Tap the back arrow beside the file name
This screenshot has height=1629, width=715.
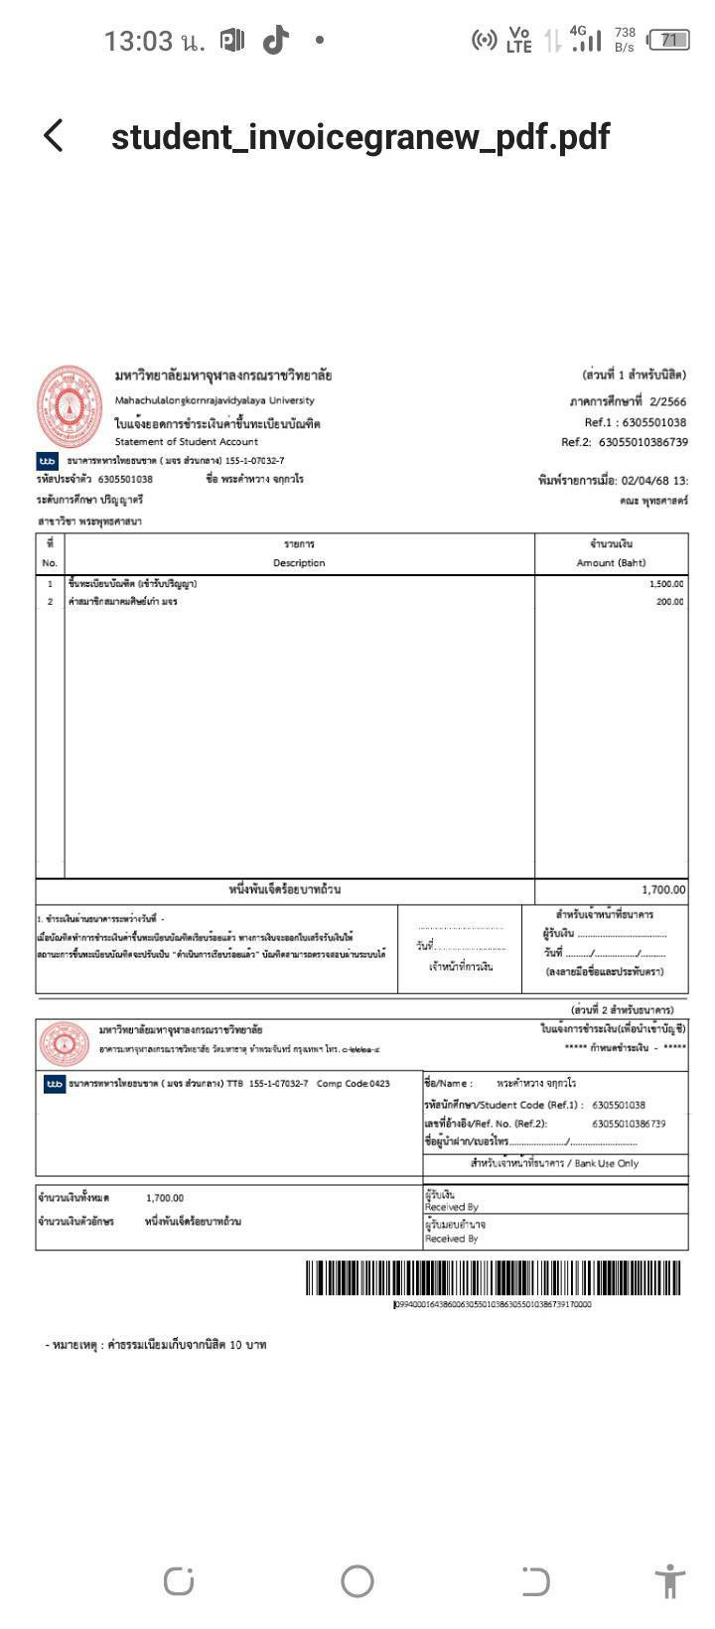(54, 136)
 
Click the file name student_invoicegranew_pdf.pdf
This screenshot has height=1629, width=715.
(359, 136)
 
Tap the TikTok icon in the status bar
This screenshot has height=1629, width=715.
(275, 40)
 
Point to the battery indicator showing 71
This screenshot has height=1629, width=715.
(668, 40)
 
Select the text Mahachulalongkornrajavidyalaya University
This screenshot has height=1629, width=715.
(214, 400)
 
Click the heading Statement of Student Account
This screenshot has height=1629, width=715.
(187, 442)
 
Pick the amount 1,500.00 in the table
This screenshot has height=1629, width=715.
(664, 584)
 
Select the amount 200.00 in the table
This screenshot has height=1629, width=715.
(669, 602)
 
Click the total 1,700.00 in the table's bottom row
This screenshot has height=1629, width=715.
(662, 890)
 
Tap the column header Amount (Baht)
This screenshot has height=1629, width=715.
(611, 563)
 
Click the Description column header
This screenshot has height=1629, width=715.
(299, 563)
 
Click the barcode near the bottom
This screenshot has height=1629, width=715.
(494, 1278)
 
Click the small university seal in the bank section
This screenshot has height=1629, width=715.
(63, 1043)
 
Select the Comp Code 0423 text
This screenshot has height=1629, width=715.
(354, 1084)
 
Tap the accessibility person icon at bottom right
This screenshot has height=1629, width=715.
(670, 1580)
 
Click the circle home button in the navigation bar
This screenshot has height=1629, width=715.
(357, 1580)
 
